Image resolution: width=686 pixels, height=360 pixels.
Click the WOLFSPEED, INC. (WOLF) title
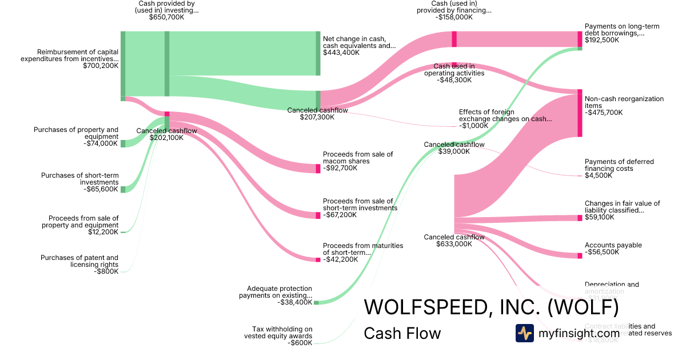[491, 307]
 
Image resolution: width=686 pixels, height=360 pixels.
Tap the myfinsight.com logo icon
[524, 333]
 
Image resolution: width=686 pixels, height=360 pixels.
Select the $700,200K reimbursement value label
[101, 66]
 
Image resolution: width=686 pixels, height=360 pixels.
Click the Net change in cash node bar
[318, 53]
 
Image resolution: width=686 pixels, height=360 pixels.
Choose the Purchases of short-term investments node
[123, 189]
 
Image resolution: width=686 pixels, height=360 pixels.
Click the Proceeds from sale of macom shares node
[318, 169]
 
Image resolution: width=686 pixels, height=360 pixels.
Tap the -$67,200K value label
[341, 215]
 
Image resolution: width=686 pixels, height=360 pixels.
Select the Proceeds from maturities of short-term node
[318, 260]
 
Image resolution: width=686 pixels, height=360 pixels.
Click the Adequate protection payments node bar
[316, 302]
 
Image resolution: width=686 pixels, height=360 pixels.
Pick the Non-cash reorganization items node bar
[580, 113]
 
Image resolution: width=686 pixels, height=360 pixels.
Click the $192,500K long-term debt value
[602, 41]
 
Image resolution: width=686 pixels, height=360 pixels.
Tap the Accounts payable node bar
[580, 255]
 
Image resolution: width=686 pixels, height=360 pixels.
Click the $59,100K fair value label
[600, 218]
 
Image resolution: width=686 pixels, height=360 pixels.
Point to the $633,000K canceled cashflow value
[454, 244]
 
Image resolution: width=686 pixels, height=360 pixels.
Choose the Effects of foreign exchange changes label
[505, 115]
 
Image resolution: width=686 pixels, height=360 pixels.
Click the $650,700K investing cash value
[166, 18]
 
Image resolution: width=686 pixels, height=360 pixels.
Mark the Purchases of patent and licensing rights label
[79, 261]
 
